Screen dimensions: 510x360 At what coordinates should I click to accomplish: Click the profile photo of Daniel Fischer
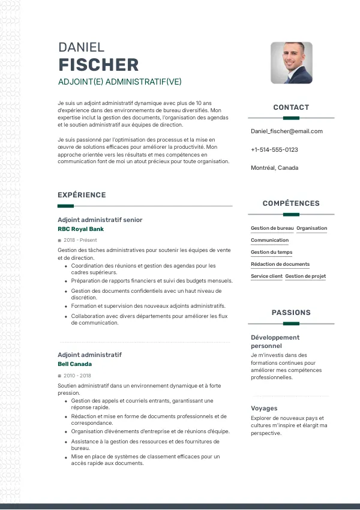coord(292,62)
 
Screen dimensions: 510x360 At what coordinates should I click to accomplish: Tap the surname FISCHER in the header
coord(98,65)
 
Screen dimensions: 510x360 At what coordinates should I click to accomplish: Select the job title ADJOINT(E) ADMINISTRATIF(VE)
coord(119,82)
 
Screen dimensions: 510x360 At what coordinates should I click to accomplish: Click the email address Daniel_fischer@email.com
coord(286,131)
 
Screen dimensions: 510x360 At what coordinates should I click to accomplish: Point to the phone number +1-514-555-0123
coord(274,149)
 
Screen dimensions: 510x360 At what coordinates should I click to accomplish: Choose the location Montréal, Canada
coord(274,168)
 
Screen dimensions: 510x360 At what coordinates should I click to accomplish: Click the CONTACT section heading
coord(291,107)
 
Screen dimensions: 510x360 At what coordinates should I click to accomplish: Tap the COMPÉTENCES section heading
coord(291,203)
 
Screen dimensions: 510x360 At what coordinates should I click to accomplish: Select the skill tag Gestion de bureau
coord(272,228)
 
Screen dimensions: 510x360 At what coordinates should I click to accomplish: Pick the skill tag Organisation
coord(312,228)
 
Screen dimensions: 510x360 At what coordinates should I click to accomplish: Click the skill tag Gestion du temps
coord(272,252)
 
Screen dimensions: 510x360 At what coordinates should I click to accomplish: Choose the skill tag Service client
coord(266,276)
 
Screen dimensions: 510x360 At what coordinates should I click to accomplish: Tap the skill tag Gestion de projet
coord(305,276)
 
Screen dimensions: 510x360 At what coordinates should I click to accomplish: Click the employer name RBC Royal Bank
coord(80,229)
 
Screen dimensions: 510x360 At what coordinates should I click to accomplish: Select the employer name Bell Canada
coord(74,364)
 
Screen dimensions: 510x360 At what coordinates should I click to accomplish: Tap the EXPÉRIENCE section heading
coord(82,195)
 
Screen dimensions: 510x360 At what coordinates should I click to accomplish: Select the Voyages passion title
coord(264,409)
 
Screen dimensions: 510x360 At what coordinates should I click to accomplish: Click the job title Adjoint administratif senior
coord(100,220)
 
